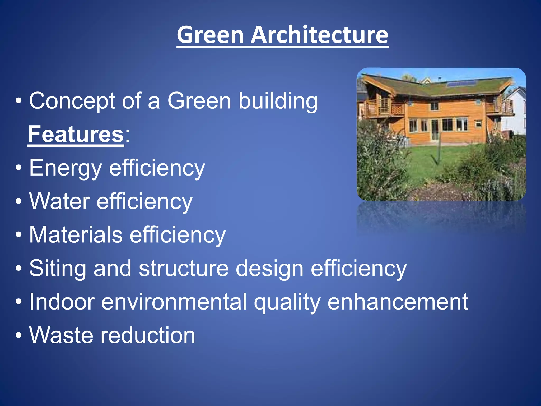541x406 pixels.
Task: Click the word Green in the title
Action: point(210,35)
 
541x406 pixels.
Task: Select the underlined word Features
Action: point(76,134)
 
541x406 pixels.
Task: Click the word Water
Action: point(59,201)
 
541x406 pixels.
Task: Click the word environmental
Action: point(174,302)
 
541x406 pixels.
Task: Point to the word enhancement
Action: point(398,302)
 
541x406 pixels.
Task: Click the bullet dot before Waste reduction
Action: point(18,335)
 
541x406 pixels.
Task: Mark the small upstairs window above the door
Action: point(434,106)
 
